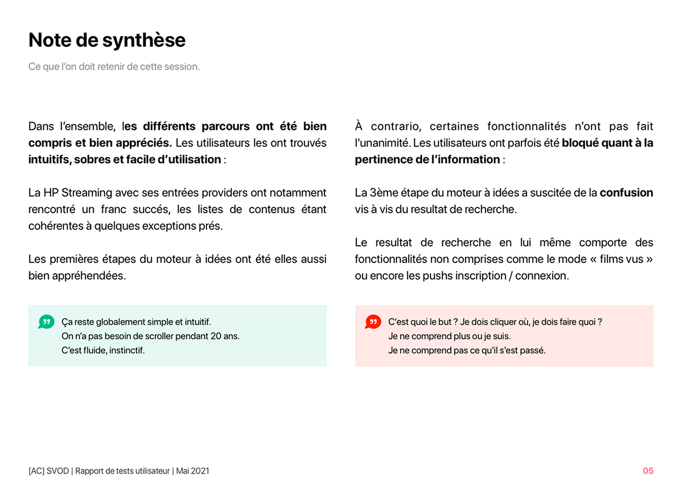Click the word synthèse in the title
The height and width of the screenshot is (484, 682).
(143, 40)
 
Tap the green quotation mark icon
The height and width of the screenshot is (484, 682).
(46, 322)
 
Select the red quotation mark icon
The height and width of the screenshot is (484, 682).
(373, 322)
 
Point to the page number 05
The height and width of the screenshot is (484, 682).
(648, 471)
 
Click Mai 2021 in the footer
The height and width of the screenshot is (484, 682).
(193, 471)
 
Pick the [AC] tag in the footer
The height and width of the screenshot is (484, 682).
(36, 471)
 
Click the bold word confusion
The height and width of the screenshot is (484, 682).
(626, 192)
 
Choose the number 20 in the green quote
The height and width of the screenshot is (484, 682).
(215, 336)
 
